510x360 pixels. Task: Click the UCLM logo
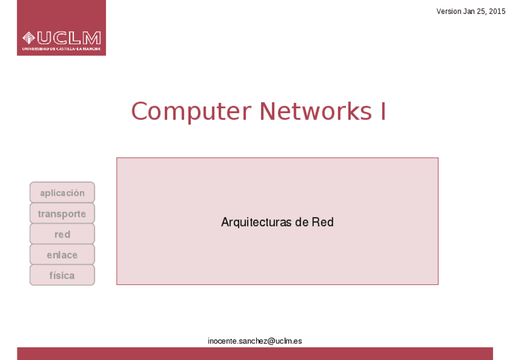(x=61, y=28)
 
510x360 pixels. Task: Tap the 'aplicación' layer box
(x=62, y=193)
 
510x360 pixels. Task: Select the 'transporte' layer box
(x=62, y=213)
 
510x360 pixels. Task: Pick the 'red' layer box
(x=62, y=234)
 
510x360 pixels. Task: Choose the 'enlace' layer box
(x=62, y=255)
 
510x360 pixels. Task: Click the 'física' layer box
(x=62, y=275)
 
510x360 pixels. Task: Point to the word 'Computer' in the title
(x=191, y=112)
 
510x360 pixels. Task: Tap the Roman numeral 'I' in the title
(x=382, y=112)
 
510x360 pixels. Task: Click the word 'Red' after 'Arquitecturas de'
(x=322, y=222)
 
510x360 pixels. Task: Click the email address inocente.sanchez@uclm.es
(x=255, y=341)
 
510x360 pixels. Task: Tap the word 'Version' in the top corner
(x=449, y=11)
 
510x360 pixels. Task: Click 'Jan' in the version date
(x=469, y=11)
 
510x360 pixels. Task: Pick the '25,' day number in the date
(x=482, y=11)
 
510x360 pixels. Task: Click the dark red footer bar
(x=255, y=353)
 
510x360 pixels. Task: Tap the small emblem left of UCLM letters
(x=29, y=38)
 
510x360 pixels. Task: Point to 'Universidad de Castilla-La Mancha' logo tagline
(x=61, y=49)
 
